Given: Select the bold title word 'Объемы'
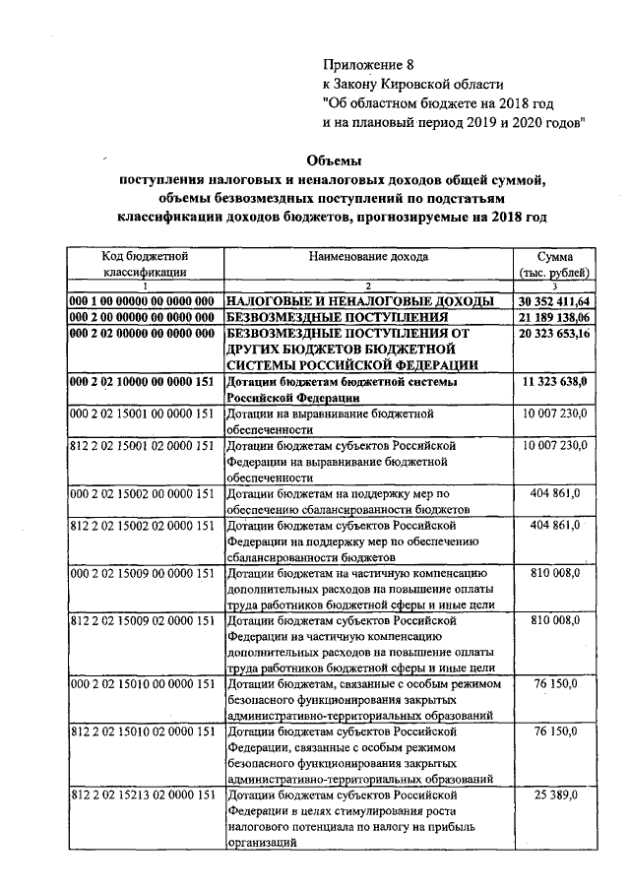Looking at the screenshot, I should [335, 160].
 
